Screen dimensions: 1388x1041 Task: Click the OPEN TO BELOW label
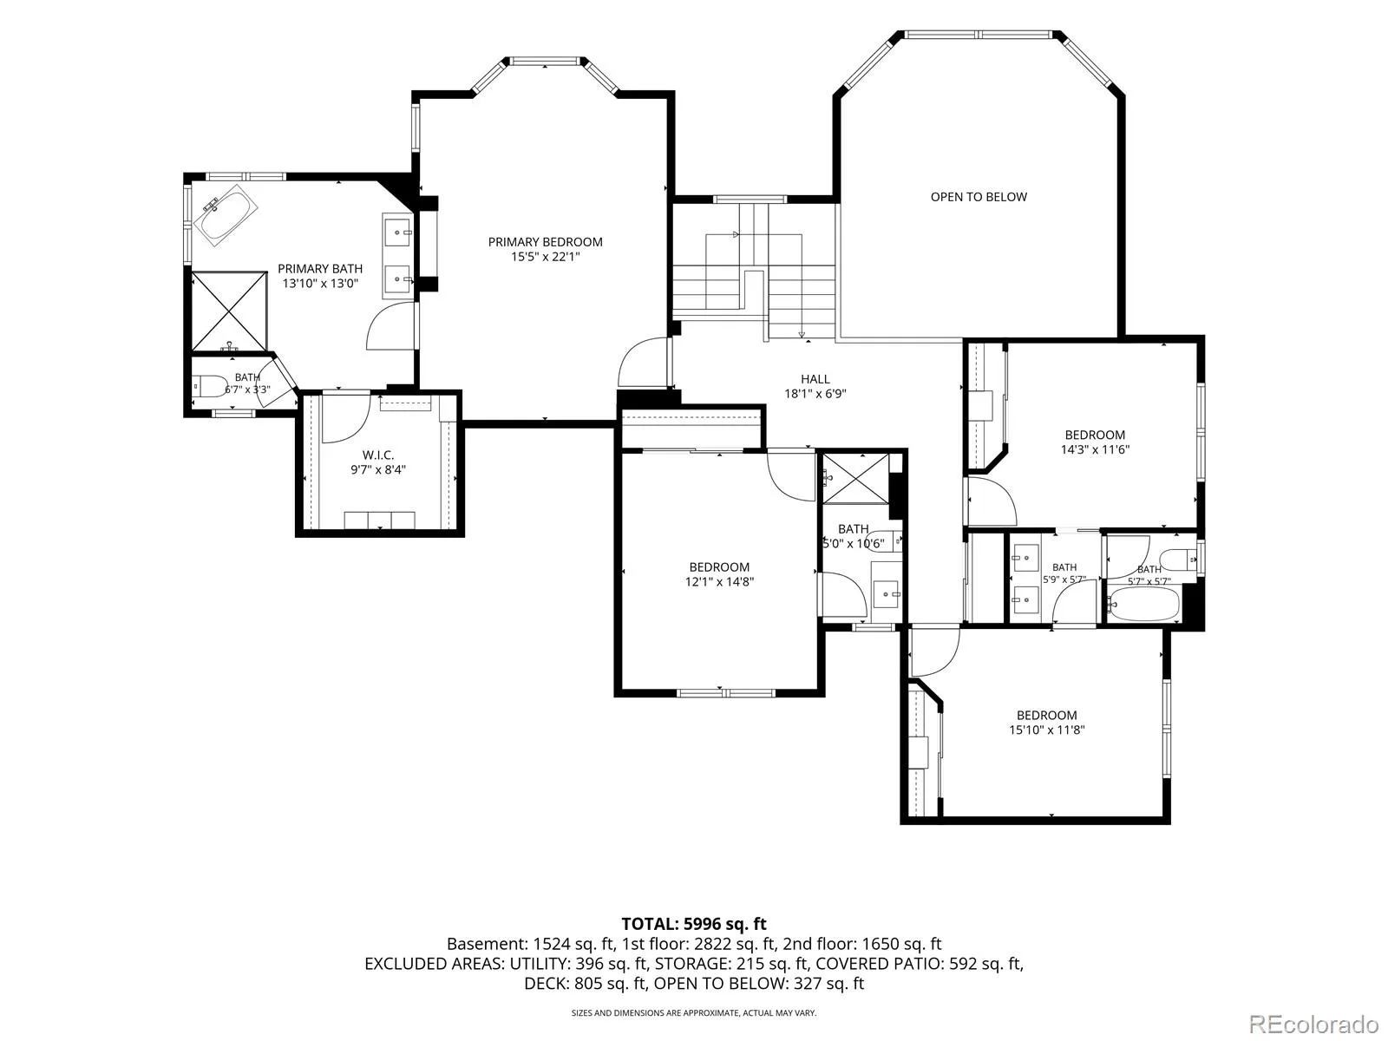point(979,197)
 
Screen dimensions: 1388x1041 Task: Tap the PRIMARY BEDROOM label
point(545,242)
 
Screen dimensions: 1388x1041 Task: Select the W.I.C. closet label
point(378,455)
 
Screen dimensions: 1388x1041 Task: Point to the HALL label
point(815,379)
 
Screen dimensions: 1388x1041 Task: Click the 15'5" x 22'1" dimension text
point(545,257)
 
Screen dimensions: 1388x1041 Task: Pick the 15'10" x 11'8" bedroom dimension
point(1046,730)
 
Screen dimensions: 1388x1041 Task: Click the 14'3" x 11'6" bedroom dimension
point(1095,449)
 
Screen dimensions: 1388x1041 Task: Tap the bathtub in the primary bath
point(226,215)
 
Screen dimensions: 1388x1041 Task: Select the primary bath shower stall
point(230,311)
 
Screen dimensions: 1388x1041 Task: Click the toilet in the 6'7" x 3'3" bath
point(209,385)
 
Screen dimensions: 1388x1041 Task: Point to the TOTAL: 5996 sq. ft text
point(694,924)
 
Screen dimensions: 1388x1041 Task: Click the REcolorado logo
point(1313,1024)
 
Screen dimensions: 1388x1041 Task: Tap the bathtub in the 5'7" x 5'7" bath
point(1144,606)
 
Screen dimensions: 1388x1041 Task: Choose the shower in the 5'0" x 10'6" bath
point(855,479)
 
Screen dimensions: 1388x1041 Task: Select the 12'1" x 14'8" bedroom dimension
point(719,581)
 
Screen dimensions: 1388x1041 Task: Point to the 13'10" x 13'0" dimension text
point(320,283)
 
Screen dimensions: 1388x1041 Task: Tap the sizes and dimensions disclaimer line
point(694,1012)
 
